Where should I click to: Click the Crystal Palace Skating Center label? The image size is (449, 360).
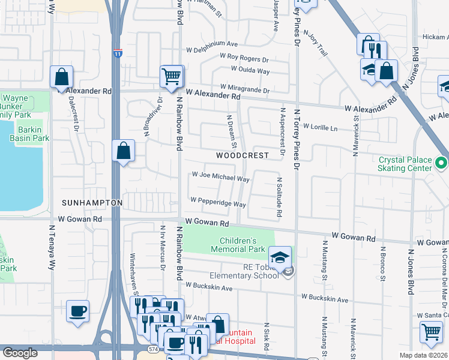coord(406,164)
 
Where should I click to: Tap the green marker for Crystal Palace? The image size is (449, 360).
coord(441,163)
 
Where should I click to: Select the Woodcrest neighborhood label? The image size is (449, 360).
coord(243,155)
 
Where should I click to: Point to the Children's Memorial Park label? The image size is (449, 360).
coord(238,245)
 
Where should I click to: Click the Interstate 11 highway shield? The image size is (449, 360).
coord(118,54)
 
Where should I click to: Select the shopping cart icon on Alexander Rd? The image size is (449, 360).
coord(171,76)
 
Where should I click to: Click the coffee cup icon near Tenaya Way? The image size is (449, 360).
coord(77,311)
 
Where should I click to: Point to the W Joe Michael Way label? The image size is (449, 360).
coord(220,178)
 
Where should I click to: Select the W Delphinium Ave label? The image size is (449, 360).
coord(212,44)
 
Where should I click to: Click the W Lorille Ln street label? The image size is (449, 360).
coord(321,127)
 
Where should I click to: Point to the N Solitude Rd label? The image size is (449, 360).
coord(279,197)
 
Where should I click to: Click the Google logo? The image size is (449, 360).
coord(20,353)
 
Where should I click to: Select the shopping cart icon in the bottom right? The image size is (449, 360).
coord(430,331)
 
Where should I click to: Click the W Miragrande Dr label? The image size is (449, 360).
coord(245,89)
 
